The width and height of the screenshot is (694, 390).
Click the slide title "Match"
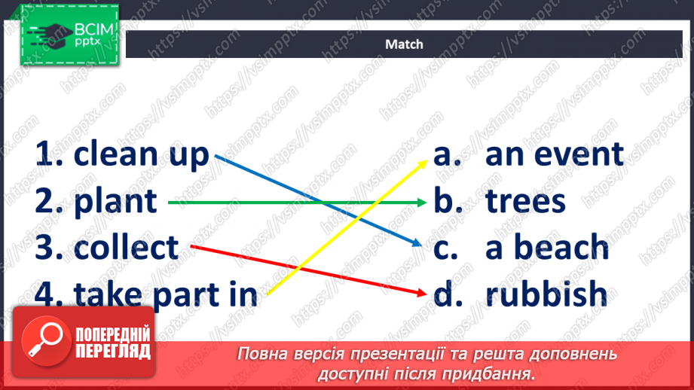[x=404, y=44]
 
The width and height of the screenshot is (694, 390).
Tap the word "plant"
[x=116, y=201]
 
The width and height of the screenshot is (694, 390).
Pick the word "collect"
[x=127, y=247]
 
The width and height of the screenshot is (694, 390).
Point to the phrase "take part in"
[x=166, y=294]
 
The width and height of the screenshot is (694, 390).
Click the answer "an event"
[x=555, y=154]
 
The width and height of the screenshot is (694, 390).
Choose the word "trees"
[x=526, y=201]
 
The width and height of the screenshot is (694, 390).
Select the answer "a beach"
[x=547, y=247]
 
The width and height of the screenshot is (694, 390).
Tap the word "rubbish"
[x=546, y=294]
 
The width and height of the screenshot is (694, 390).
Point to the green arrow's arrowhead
[x=422, y=202]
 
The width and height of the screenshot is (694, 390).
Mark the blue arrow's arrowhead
[x=417, y=244]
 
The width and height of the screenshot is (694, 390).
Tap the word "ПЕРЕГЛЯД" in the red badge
[x=112, y=352]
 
